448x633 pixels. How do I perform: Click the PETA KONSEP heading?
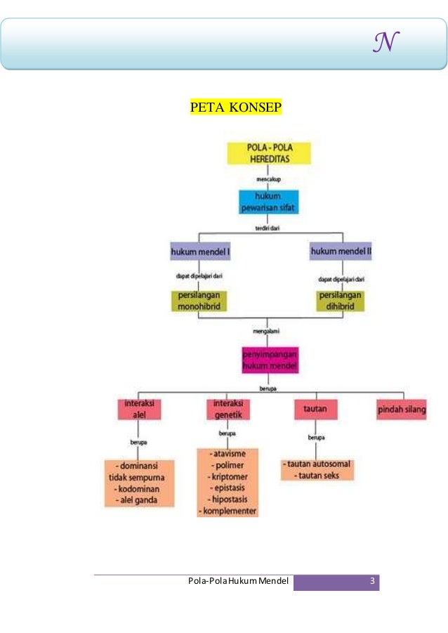click(235, 107)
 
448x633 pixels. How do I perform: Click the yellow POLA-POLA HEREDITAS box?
click(268, 154)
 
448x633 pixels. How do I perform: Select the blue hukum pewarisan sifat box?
click(268, 202)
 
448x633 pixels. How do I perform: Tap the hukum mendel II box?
click(341, 252)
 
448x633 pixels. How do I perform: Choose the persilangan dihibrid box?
click(340, 301)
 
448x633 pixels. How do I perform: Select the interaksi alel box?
click(139, 409)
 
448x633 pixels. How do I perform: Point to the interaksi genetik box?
click(229, 409)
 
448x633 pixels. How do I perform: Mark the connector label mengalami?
click(268, 328)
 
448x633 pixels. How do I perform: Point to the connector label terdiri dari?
click(268, 228)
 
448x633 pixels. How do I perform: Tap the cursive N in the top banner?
click(386, 44)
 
